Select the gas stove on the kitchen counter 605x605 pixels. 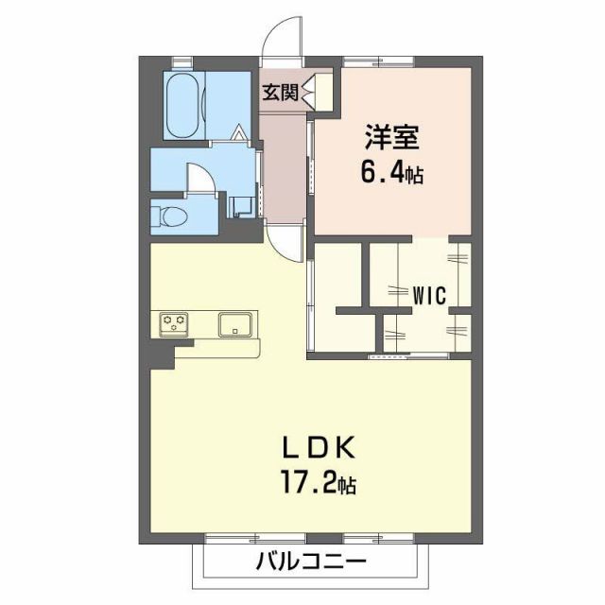click(x=173, y=323)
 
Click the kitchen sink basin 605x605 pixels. click(x=234, y=324)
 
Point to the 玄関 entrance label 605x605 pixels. click(x=280, y=92)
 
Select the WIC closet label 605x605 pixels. click(x=428, y=293)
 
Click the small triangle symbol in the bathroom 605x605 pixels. click(x=240, y=133)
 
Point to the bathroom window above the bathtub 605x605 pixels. click(x=181, y=63)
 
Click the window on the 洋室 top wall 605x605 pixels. click(x=360, y=63)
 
